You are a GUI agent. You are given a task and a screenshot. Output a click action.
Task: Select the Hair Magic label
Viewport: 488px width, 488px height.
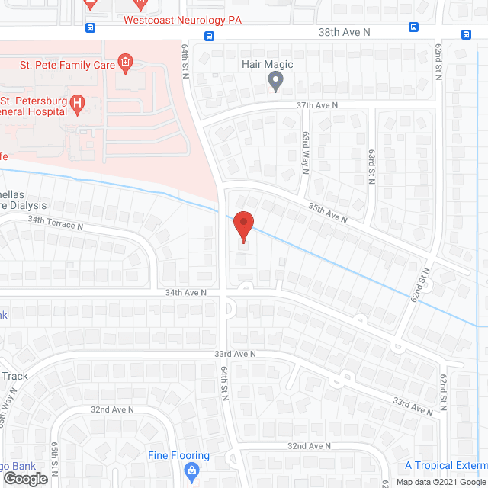tap(267, 65)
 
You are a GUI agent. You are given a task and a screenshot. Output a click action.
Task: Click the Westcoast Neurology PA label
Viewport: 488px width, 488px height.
tap(182, 20)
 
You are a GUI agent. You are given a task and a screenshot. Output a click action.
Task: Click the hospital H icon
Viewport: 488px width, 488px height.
tap(77, 104)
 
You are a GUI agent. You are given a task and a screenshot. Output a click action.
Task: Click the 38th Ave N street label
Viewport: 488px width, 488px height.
tap(343, 32)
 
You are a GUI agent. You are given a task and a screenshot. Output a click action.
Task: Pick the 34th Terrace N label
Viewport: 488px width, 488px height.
tap(53, 224)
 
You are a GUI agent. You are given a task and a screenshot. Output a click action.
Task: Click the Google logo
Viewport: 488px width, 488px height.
tap(24, 479)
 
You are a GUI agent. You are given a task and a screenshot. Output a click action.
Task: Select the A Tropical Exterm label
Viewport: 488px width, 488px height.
tap(445, 465)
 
